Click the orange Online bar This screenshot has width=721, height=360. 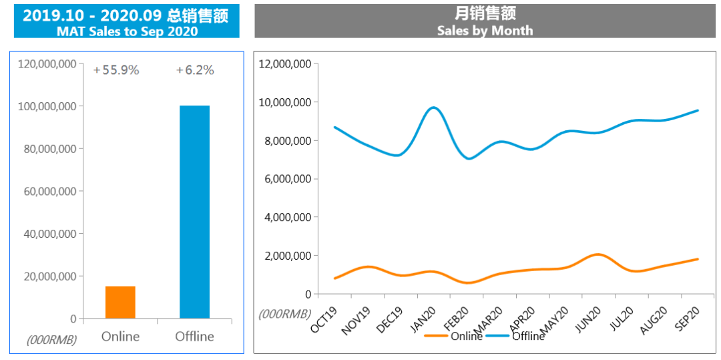point(120,303)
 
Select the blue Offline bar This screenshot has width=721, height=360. point(194,212)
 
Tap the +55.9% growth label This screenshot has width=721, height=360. point(116,70)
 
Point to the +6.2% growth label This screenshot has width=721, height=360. point(195,70)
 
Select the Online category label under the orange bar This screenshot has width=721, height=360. point(120,336)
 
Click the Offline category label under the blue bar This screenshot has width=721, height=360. point(194,336)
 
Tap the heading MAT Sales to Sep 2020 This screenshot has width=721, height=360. point(127,31)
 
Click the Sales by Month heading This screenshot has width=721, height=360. point(485,31)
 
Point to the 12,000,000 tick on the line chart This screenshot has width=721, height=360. point(285,64)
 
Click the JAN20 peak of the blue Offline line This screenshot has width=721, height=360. point(434,108)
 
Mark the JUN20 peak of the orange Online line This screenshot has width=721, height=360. point(598,254)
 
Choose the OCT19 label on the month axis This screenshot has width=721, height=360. point(324,319)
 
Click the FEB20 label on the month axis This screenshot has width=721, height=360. point(456,319)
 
